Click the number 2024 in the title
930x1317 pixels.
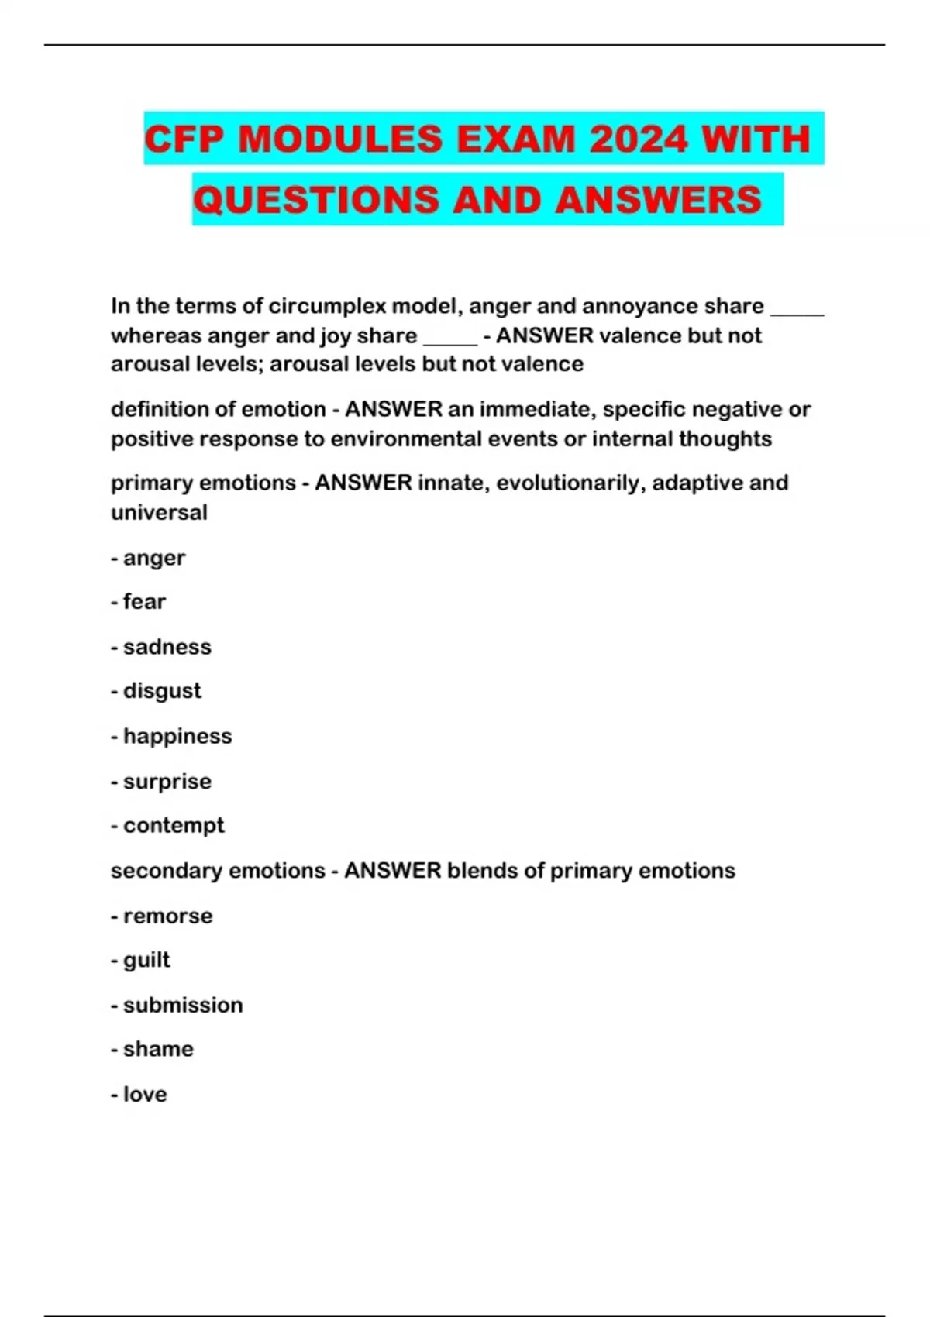(x=639, y=139)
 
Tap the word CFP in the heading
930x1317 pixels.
(x=184, y=139)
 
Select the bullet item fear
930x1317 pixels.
(x=144, y=601)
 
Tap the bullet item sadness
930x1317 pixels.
(x=167, y=647)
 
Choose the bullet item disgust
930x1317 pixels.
(x=162, y=690)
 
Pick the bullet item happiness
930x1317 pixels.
(x=177, y=736)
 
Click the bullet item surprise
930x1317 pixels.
(x=167, y=781)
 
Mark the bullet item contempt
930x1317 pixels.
(x=174, y=825)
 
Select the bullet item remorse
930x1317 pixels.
(x=167, y=916)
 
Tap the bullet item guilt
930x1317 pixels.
(x=146, y=960)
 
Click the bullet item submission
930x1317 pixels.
(x=183, y=1005)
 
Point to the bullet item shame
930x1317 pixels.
(x=158, y=1049)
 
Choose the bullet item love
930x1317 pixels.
(x=145, y=1094)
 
